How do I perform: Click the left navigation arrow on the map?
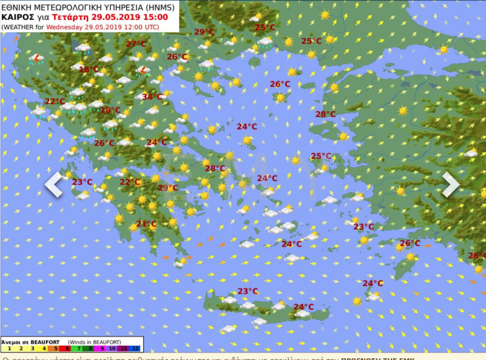pyautogui.click(x=54, y=184)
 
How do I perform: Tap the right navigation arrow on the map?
pyautogui.click(x=451, y=184)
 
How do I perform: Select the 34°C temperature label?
pyautogui.click(x=152, y=97)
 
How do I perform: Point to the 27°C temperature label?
pyautogui.click(x=136, y=44)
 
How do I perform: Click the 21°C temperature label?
pyautogui.click(x=146, y=224)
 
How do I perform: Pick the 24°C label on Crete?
pyautogui.click(x=303, y=307)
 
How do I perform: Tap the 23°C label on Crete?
pyautogui.click(x=247, y=291)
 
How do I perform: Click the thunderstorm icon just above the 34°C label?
pyautogui.click(x=142, y=71)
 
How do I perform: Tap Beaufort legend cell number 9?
pyautogui.click(x=102, y=348)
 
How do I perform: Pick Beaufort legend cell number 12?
pyautogui.click(x=138, y=348)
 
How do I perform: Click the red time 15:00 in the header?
pyautogui.click(x=156, y=17)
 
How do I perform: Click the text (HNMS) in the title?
pyautogui.click(x=159, y=7)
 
